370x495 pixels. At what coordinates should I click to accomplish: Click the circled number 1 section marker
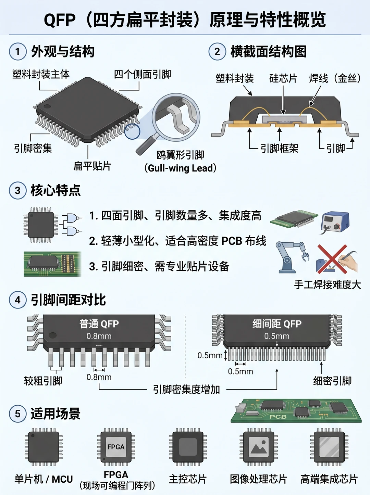(x=17, y=51)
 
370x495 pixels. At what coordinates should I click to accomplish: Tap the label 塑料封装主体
(x=41, y=74)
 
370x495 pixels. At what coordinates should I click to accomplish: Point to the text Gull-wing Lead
(x=181, y=168)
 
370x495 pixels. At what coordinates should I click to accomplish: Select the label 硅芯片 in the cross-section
(x=283, y=78)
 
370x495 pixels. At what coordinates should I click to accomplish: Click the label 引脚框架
(x=279, y=148)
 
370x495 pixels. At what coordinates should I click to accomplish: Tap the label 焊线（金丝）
(x=335, y=78)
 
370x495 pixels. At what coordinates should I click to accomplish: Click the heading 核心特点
(x=56, y=191)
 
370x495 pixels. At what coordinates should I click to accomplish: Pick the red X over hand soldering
(x=332, y=259)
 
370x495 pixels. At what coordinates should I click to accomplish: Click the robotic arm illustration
(x=292, y=257)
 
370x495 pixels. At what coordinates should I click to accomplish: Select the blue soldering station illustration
(x=335, y=222)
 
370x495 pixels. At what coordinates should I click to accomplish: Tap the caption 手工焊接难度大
(x=328, y=284)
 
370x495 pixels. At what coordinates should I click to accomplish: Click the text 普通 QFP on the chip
(x=99, y=324)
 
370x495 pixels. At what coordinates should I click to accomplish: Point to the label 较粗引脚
(x=43, y=381)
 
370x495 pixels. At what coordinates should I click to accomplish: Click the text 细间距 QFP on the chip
(x=277, y=324)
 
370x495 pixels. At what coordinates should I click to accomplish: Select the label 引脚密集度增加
(x=186, y=390)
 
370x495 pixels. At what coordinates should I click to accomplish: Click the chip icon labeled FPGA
(x=116, y=447)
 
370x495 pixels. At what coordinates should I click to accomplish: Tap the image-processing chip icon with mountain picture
(x=259, y=447)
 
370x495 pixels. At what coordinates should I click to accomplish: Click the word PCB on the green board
(x=278, y=417)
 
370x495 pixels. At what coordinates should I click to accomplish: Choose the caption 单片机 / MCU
(x=44, y=479)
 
